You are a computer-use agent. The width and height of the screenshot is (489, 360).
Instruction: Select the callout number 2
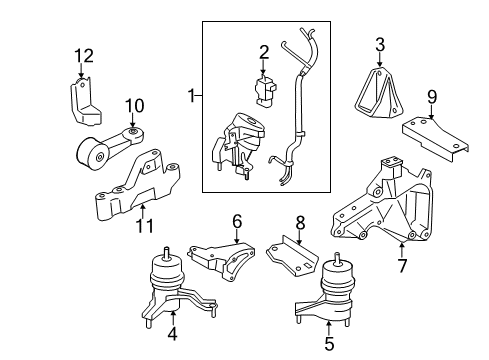coord(264,52)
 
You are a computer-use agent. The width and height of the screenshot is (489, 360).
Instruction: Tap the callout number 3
coord(379,43)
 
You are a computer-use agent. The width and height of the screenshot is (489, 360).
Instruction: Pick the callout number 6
coord(237,221)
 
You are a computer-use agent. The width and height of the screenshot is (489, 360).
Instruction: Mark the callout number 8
coord(299,221)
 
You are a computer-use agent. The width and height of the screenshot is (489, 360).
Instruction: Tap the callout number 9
coord(432,98)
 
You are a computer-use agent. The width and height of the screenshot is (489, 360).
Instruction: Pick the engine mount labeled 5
coord(334,296)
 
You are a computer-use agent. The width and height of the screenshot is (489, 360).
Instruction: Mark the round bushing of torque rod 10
coord(96,156)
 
